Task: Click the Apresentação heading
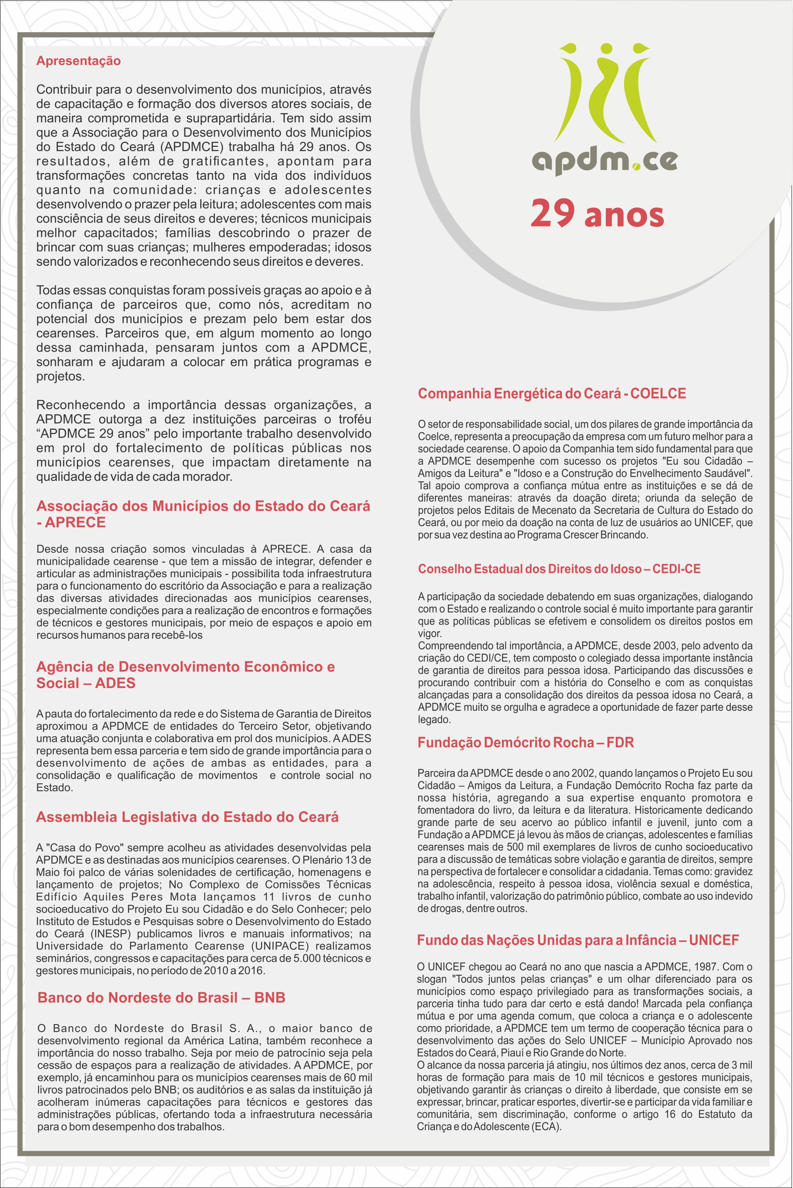79,61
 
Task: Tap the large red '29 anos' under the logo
597,213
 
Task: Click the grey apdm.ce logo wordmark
604,161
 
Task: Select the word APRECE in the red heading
75,522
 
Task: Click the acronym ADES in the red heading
115,683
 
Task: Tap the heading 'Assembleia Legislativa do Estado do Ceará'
187,817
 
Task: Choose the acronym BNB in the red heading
270,997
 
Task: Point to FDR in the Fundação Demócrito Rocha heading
620,742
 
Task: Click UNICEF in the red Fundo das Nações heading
714,940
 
